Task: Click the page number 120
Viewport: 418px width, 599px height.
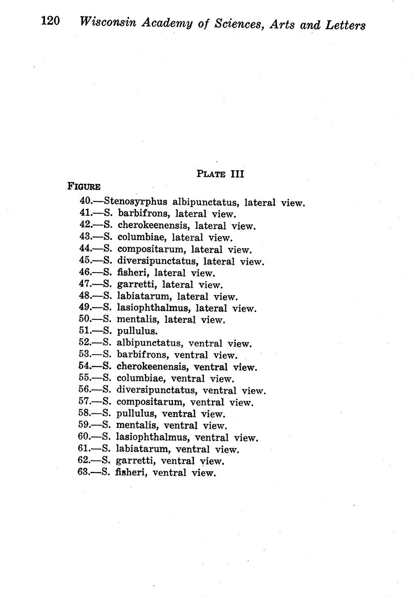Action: tap(50, 21)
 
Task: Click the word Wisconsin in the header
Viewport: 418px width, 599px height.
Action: tap(108, 22)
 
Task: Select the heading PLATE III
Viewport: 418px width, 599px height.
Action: tap(221, 174)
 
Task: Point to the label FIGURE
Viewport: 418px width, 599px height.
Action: tap(84, 187)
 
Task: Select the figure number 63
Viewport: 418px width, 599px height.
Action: tap(84, 472)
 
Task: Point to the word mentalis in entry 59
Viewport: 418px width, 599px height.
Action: tap(136, 425)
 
